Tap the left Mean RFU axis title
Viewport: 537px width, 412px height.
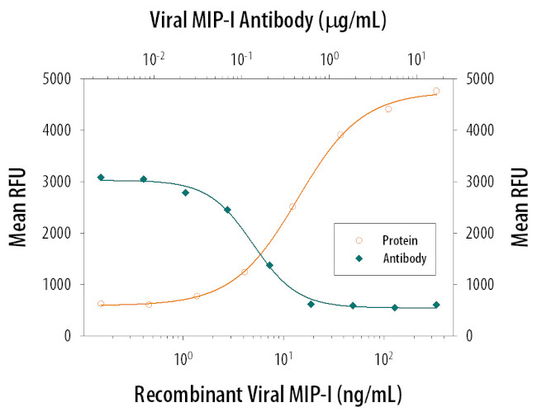[x=18, y=206]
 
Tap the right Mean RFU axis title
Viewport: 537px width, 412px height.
[x=519, y=206]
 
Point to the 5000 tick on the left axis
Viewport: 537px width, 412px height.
[x=58, y=79]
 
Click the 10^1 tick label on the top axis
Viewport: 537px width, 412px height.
[x=417, y=58]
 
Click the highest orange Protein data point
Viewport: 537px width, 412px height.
[x=436, y=91]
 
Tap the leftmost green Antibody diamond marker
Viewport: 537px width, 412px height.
[x=101, y=178]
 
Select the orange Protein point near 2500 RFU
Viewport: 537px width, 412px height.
[x=292, y=206]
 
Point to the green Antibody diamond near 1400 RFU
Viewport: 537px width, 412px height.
[x=269, y=265]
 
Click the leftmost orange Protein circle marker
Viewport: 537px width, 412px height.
[x=101, y=304]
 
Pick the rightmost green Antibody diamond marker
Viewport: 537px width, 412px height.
[x=436, y=305]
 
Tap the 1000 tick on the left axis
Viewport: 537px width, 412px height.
[x=58, y=285]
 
